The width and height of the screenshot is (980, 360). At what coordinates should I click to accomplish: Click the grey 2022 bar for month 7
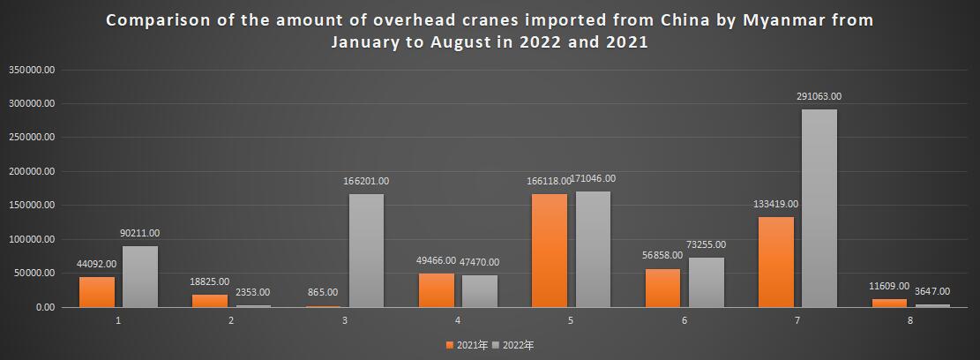[x=819, y=208]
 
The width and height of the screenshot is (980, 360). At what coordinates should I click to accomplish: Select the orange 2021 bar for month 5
[x=550, y=251]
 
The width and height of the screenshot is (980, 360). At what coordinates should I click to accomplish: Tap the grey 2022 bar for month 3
[x=366, y=251]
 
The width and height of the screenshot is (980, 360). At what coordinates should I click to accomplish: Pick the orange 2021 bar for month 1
[x=97, y=292]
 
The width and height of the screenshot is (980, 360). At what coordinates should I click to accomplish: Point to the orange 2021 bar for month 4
[x=437, y=290]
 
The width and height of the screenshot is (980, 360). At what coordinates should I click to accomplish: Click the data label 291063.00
[x=819, y=97]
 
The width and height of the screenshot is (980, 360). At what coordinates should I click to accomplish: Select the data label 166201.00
[x=366, y=181]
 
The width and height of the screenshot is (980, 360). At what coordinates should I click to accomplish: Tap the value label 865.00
[x=323, y=292]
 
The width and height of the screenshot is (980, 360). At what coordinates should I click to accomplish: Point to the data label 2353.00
[x=252, y=292]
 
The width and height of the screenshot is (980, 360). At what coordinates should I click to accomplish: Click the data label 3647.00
[x=932, y=291]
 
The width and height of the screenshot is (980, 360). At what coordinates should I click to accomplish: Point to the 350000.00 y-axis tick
[x=32, y=69]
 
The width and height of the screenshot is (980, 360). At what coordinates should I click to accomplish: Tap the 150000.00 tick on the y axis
[x=32, y=206]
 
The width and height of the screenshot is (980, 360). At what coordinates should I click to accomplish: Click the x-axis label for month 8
[x=910, y=319]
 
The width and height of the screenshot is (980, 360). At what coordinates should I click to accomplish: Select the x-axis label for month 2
[x=231, y=319]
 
